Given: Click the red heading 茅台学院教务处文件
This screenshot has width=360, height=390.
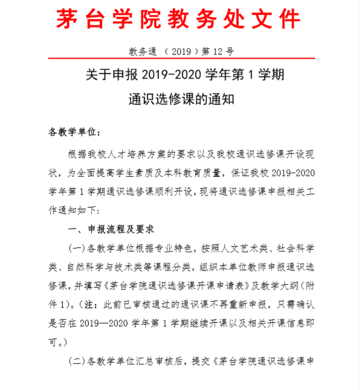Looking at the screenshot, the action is tap(179, 21).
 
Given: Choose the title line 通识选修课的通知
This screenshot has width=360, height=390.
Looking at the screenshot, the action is tap(179, 99).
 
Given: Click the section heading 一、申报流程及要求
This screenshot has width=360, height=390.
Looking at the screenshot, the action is tap(112, 229).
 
